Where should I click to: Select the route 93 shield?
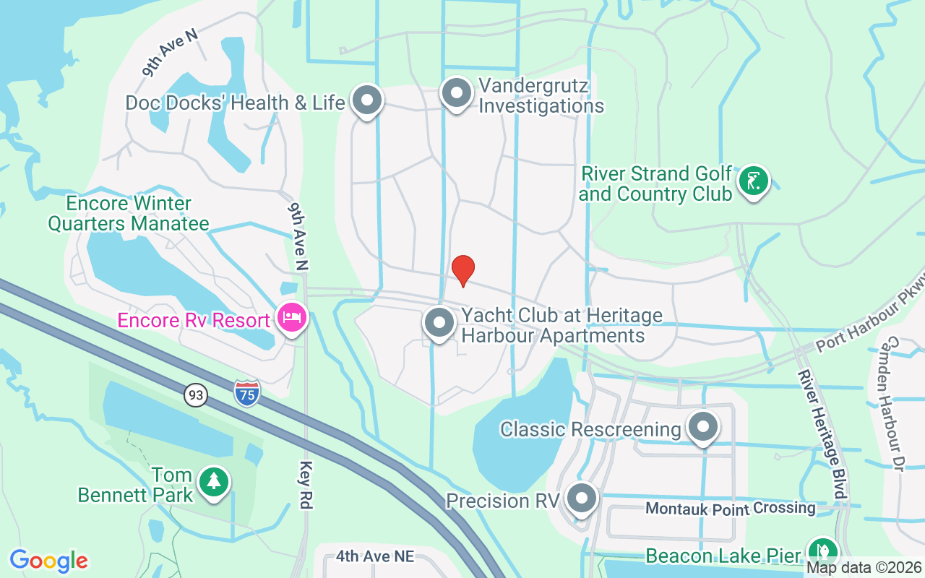(x=195, y=395)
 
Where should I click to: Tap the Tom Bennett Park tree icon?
(x=212, y=481)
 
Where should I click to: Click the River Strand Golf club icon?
(x=753, y=180)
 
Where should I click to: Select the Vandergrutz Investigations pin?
(x=456, y=94)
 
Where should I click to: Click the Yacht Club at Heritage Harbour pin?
(x=439, y=324)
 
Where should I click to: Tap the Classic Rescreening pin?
(x=702, y=427)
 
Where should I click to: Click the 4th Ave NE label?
(x=375, y=556)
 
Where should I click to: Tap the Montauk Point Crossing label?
(x=731, y=509)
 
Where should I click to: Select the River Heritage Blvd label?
(x=822, y=433)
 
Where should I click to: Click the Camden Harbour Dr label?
(x=895, y=405)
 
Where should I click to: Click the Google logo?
(x=48, y=561)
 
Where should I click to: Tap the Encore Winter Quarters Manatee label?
(x=129, y=213)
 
